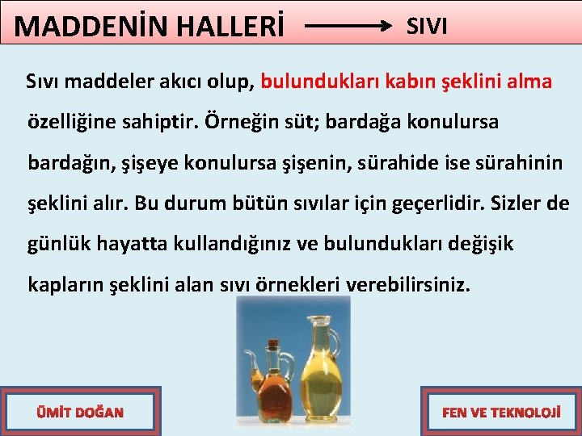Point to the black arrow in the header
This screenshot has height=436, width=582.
pyautogui.click(x=348, y=26)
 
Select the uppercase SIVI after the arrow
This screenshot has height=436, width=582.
pyautogui.click(x=427, y=26)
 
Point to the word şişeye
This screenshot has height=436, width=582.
pyautogui.click(x=150, y=163)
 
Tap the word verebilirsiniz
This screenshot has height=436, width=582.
pyautogui.click(x=408, y=285)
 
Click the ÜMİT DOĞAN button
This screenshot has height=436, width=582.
pyautogui.click(x=80, y=413)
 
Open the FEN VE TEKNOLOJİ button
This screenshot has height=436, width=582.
pyautogui.click(x=501, y=413)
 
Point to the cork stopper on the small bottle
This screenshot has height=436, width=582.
pyautogui.click(x=274, y=343)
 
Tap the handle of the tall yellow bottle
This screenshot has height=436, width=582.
pyautogui.click(x=337, y=339)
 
